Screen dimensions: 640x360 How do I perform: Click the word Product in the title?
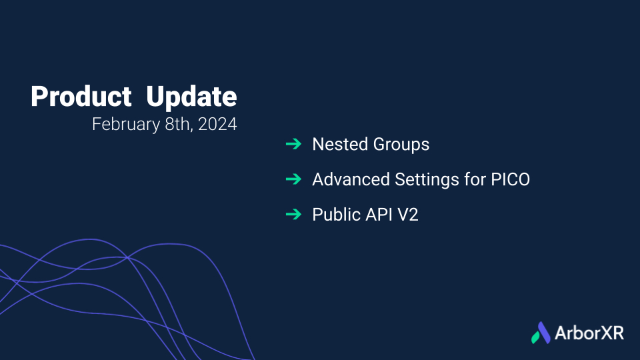coord(81,97)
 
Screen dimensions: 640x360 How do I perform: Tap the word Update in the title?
coord(191,97)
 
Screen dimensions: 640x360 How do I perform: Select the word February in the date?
coord(126,125)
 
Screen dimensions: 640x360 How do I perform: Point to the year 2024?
coord(217,124)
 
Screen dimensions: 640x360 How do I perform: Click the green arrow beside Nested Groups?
coord(293,144)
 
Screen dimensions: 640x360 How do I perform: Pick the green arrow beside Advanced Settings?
coord(293,179)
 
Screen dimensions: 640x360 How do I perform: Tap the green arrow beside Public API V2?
coord(293,214)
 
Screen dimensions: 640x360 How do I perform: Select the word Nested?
coord(340,144)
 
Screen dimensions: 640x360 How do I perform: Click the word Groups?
coord(401,145)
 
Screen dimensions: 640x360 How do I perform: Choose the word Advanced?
coord(351,179)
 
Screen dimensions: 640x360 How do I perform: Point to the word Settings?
coord(427,180)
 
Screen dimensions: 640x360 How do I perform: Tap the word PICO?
coord(510,179)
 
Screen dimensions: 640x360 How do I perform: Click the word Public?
coord(336,214)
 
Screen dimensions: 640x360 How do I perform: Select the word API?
coord(379,214)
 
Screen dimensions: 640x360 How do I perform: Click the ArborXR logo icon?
coord(541,333)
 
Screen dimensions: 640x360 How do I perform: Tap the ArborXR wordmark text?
coord(589,333)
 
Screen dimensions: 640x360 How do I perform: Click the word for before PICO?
coord(475,179)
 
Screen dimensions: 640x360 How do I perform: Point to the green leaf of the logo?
coord(535,337)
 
